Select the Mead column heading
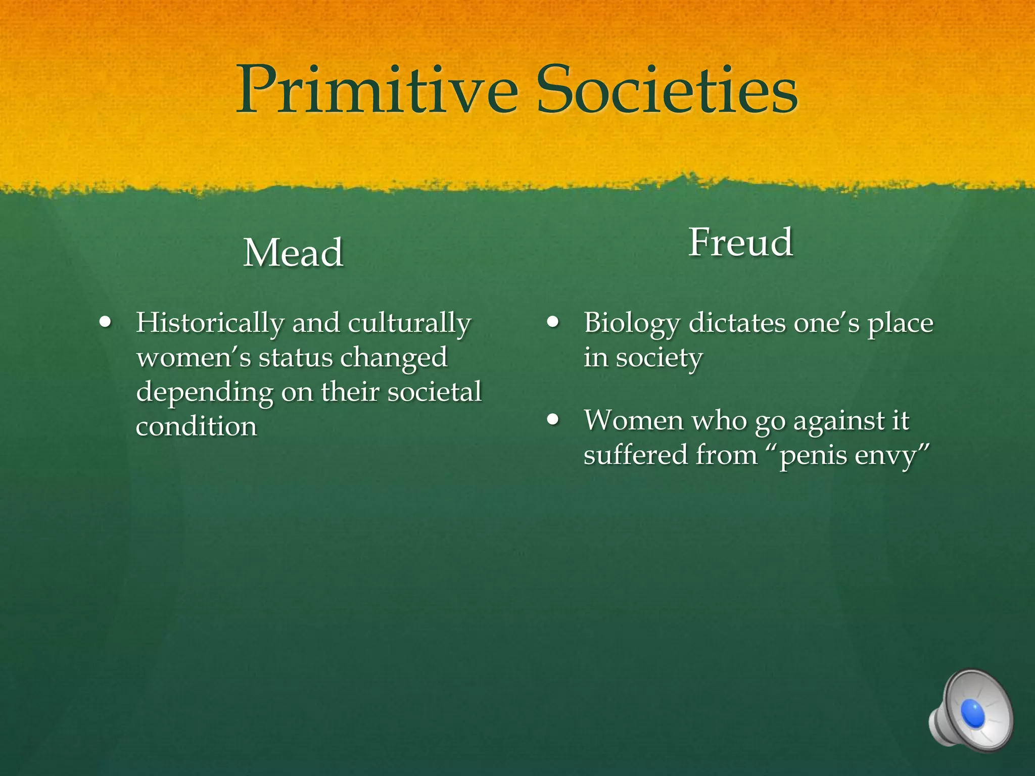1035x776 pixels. pos(293,253)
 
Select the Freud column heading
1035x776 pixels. pos(740,243)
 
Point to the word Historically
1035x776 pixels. pos(210,324)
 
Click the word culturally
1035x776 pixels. pos(409,324)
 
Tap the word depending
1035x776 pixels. pos(204,393)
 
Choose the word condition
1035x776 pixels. pos(197,426)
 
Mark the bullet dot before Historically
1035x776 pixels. pos(106,322)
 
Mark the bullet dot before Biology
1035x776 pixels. pos(553,322)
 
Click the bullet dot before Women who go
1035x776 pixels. pos(553,419)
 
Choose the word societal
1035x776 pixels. pos(435,392)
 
